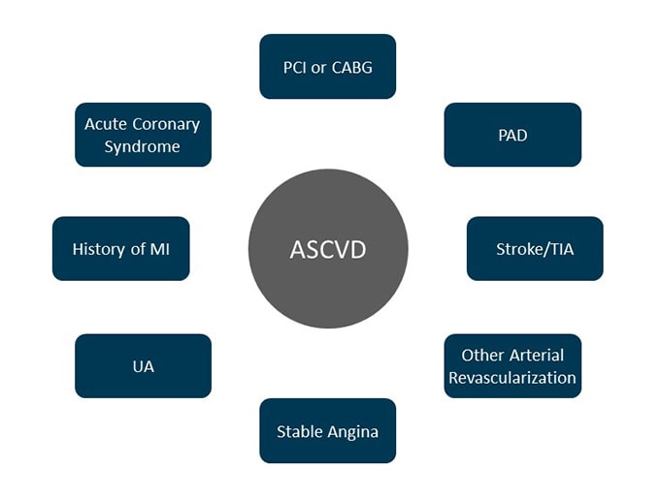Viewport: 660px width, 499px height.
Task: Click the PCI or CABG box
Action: point(327,66)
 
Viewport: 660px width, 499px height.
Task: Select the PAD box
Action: point(512,135)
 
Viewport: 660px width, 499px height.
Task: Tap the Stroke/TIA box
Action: point(535,249)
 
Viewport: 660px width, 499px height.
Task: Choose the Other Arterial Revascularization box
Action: point(512,366)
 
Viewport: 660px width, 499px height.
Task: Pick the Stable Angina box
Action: point(327,431)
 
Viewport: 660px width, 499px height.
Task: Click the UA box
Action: point(143,366)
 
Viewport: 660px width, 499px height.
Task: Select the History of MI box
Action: point(120,249)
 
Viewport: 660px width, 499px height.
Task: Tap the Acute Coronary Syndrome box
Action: point(143,135)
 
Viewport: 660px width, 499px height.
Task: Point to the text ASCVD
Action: point(328,250)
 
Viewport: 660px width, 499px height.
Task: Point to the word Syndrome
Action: point(143,146)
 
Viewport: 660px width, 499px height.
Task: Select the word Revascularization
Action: point(512,378)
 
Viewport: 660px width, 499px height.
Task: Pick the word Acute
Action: point(105,124)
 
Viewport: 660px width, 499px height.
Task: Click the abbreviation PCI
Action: point(296,67)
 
